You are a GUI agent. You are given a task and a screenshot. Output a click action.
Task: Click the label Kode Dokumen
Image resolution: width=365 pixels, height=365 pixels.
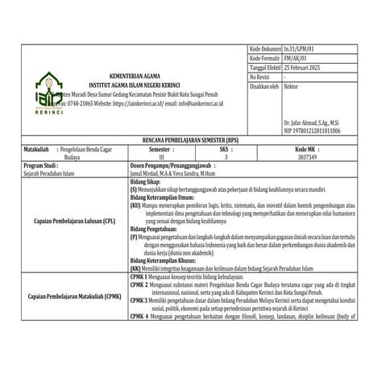[x=266, y=49]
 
